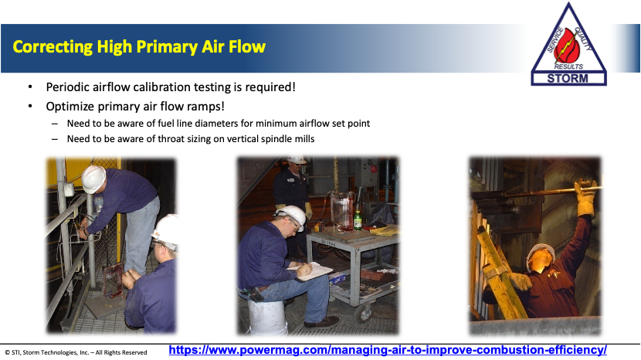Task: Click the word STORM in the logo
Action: click(x=568, y=78)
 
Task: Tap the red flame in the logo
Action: click(x=568, y=46)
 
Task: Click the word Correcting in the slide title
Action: click(x=53, y=47)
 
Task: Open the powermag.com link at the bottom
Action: click(x=388, y=350)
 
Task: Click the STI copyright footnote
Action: click(x=76, y=352)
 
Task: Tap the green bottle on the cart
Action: click(x=358, y=220)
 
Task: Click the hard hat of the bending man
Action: click(x=93, y=178)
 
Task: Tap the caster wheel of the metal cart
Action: click(x=364, y=314)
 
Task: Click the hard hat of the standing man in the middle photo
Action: click(x=297, y=160)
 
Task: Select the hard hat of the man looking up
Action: click(x=540, y=253)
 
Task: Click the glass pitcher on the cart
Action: click(x=342, y=212)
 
